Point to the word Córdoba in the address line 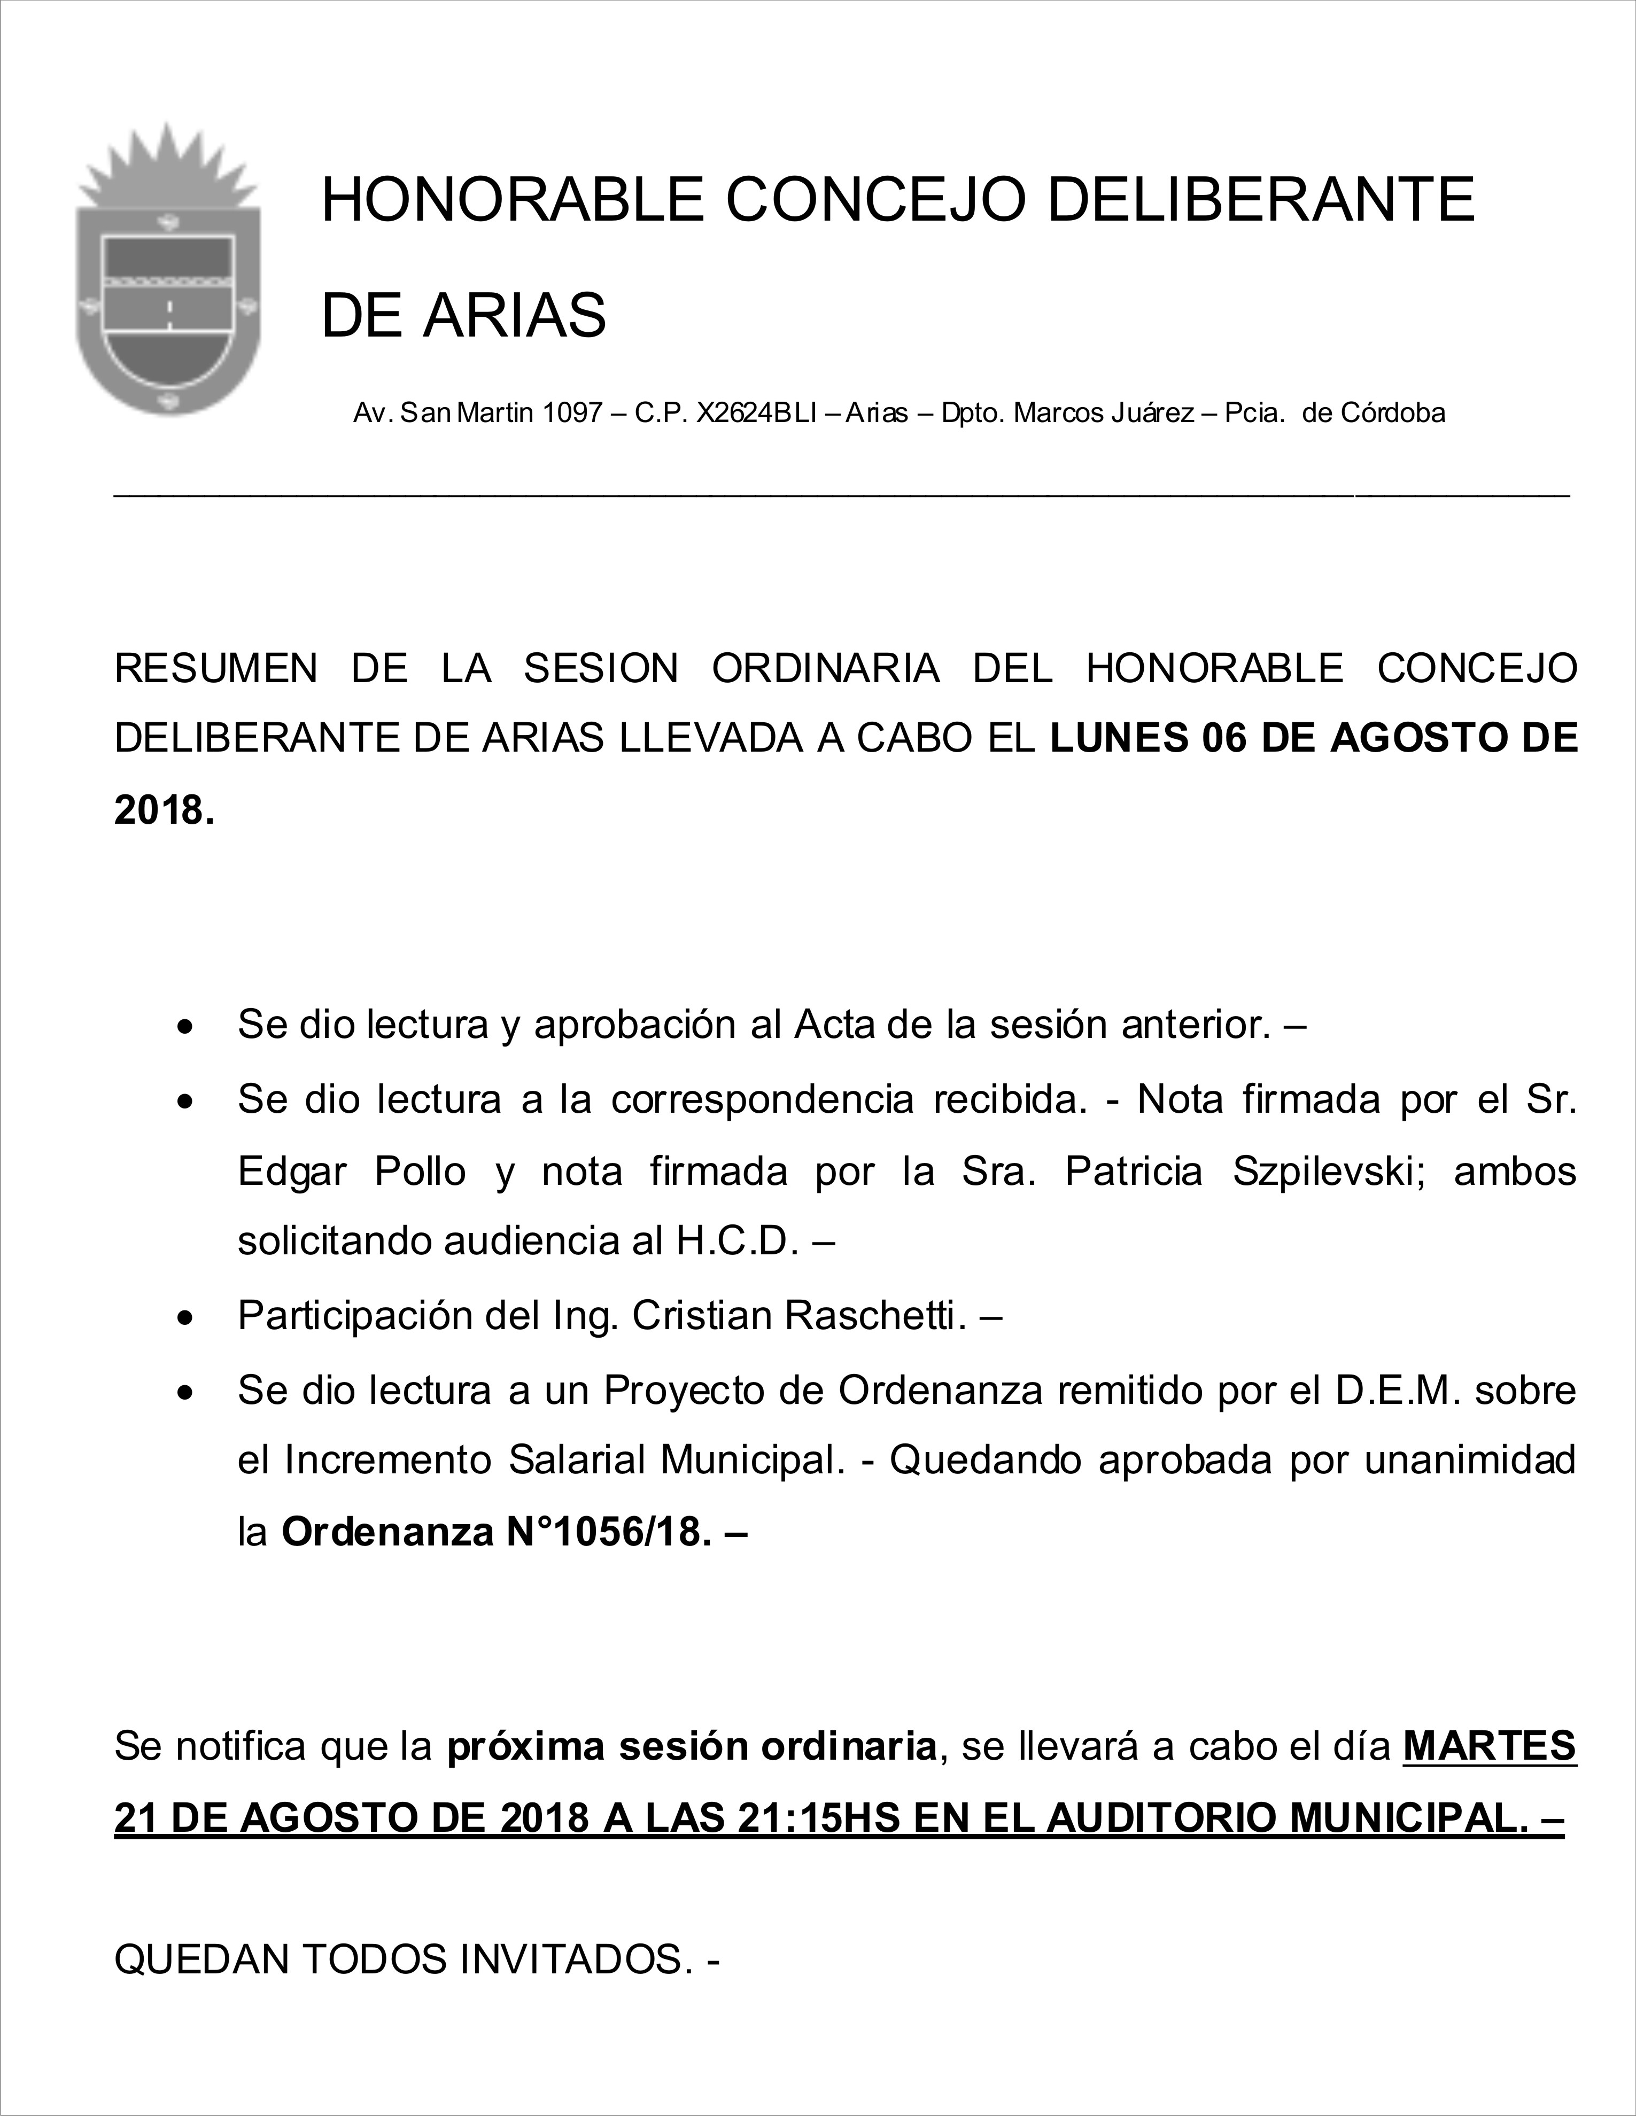[x=1393, y=413]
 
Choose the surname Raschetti [x=875, y=1316]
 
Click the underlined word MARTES [x=1490, y=1747]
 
